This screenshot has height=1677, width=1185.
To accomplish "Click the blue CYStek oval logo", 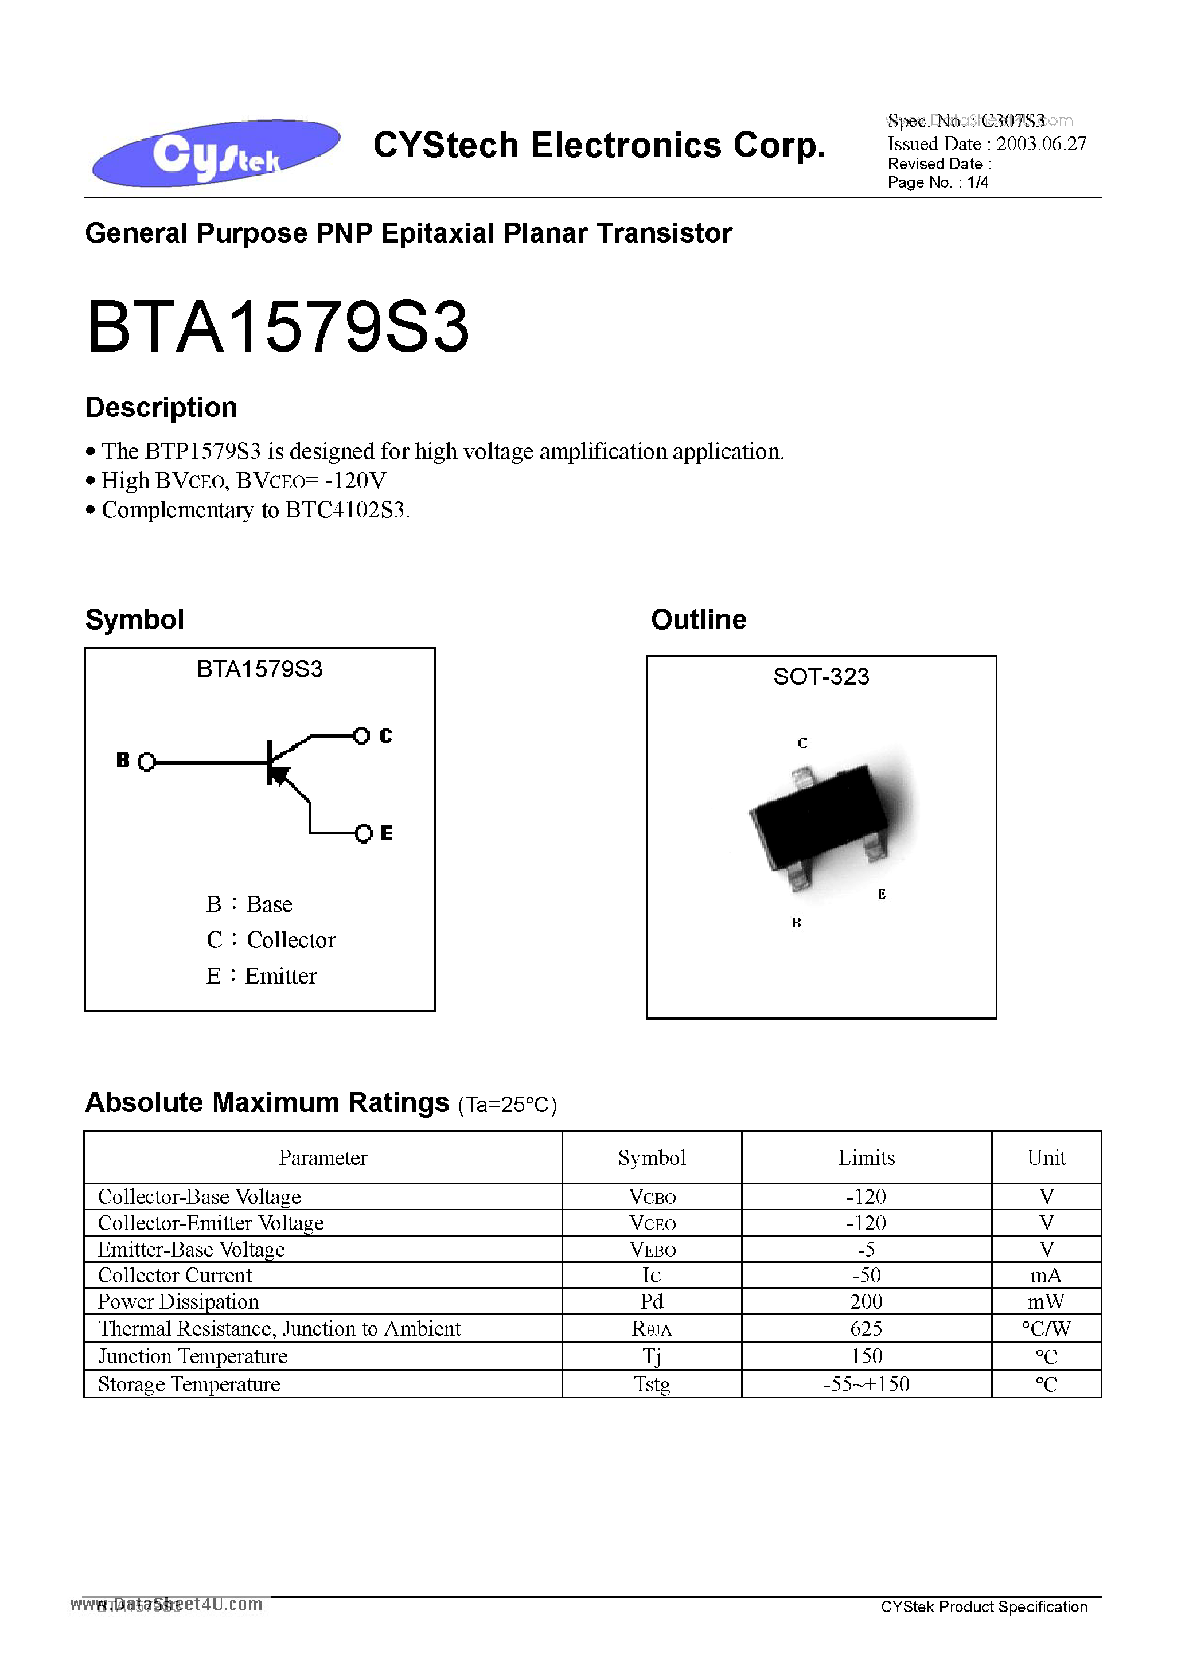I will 216,152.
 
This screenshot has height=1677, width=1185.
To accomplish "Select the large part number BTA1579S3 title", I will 278,328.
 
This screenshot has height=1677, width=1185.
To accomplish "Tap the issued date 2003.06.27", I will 1041,144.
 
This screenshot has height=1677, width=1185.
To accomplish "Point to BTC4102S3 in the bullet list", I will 344,510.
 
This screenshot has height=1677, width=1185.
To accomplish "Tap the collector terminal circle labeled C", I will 361,735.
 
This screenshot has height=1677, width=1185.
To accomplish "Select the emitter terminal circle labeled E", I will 363,833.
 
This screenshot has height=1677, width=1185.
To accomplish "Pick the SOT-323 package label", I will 821,676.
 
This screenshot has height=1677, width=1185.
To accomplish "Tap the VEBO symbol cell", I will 652,1250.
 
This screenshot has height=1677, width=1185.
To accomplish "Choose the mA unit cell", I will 1046,1276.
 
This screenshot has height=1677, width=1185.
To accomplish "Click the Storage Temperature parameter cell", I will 189,1384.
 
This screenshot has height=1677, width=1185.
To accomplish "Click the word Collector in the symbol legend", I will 291,940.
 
